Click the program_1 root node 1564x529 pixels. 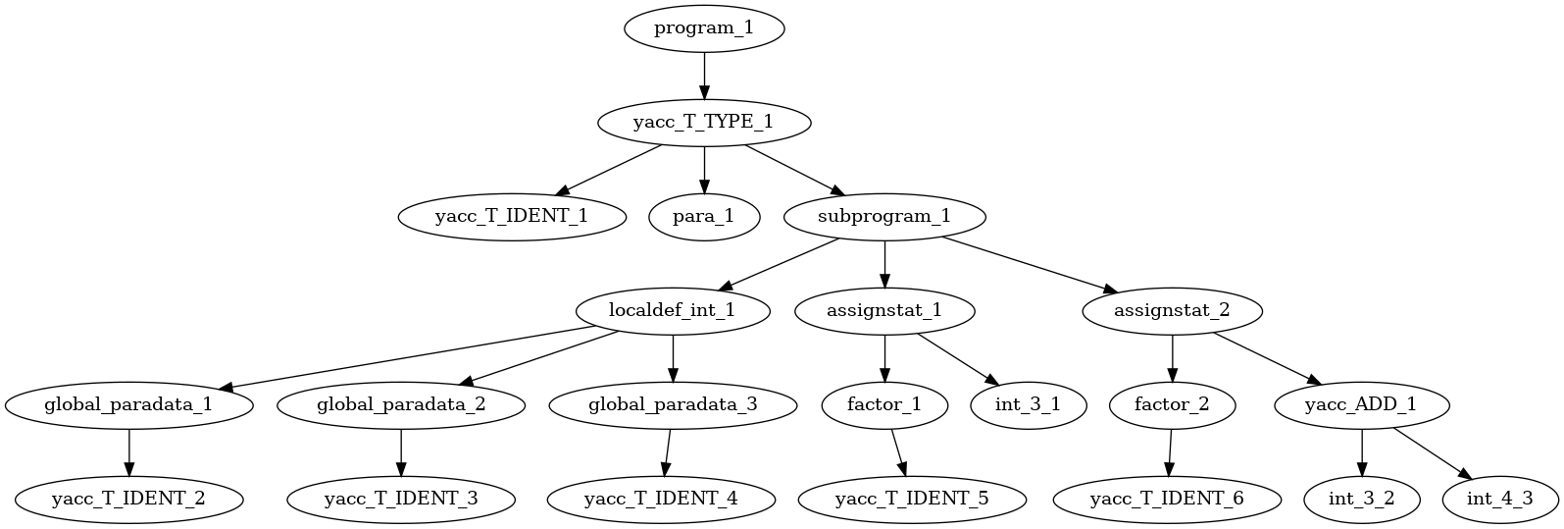tap(704, 27)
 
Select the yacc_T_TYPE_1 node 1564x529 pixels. tap(704, 122)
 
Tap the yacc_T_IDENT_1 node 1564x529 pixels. tap(512, 216)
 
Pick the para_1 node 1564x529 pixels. tap(704, 216)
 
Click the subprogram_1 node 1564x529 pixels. tap(884, 216)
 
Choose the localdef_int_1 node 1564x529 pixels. tap(672, 310)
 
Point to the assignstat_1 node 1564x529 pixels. tap(884, 310)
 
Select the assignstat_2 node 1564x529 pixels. tap(1172, 310)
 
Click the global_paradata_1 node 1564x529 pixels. tap(128, 404)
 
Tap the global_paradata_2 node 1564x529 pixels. tap(400, 404)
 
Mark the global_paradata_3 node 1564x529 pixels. tap(672, 404)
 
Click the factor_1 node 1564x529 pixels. tap(884, 404)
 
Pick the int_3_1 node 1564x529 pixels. tap(1028, 404)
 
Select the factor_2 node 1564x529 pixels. tap(1172, 404)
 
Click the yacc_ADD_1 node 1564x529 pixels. tap(1361, 404)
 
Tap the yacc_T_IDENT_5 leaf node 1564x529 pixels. tap(912, 499)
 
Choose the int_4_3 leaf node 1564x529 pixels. tap(1499, 499)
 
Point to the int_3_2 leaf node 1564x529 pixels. tap(1361, 499)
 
